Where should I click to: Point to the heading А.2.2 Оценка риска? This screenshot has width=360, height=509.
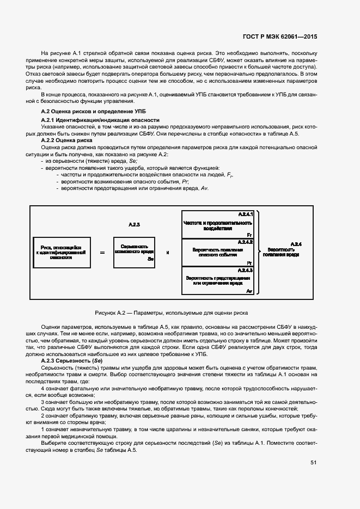(67, 140)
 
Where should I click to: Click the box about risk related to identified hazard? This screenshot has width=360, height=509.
(60, 252)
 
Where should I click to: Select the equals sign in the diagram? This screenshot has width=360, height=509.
(102, 252)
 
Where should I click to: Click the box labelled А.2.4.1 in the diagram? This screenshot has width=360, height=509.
(218, 224)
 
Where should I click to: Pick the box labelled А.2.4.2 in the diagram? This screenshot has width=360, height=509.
(218, 252)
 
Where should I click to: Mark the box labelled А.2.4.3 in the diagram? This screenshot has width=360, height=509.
(218, 281)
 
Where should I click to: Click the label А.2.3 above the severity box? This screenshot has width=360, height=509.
(135, 224)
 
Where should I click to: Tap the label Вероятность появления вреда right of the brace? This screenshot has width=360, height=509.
(280, 252)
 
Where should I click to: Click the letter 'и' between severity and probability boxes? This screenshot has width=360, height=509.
(167, 253)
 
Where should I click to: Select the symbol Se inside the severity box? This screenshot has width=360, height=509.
(150, 260)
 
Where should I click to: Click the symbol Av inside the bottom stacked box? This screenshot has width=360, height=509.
(249, 292)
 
